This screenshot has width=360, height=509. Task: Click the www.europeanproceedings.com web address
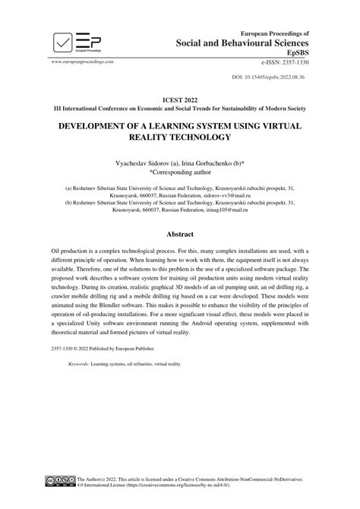[83, 61]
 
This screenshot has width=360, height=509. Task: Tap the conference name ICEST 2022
[179, 98]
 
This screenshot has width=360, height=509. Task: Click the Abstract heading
[180, 235]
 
